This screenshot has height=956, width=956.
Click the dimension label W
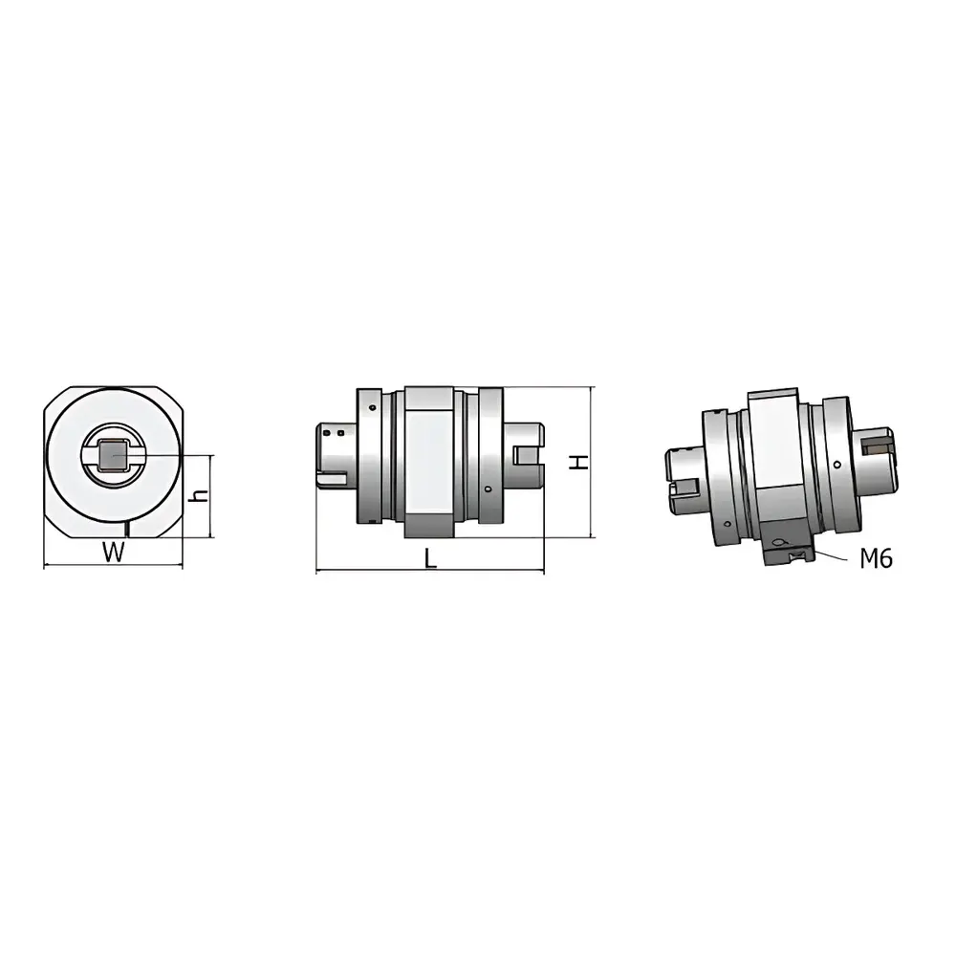point(115,552)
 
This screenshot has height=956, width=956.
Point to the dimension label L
point(430,560)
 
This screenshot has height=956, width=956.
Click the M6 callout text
point(876,559)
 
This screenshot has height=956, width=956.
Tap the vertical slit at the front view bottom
point(127,529)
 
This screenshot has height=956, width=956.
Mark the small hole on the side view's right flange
point(489,489)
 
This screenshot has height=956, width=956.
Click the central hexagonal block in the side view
point(429,461)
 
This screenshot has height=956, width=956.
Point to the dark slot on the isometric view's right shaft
point(875,443)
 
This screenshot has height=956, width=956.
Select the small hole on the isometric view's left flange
point(728,524)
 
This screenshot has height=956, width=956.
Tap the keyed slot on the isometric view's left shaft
point(681,491)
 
